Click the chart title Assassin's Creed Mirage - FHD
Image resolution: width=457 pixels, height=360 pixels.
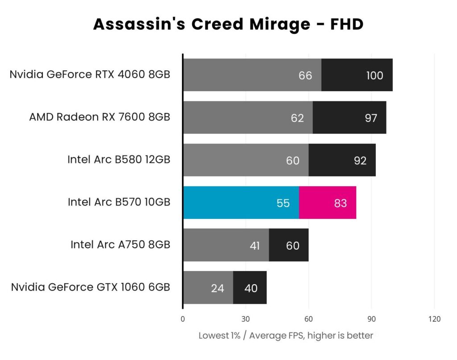coord(228,24)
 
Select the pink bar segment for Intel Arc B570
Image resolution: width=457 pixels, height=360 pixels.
coord(328,203)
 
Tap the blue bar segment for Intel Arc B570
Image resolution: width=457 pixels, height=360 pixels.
coord(241,203)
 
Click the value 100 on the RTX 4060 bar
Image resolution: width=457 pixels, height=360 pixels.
coord(374,75)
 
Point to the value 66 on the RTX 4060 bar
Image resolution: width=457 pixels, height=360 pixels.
coord(305,75)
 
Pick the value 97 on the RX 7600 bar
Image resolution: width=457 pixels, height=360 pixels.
coord(370,118)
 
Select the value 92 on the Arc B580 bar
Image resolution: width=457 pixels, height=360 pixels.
coord(360,161)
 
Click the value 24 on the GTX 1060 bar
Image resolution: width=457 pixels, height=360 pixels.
coord(217,289)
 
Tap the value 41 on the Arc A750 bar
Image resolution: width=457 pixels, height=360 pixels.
coord(254,246)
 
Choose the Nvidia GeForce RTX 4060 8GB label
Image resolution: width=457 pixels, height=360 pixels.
coord(90,75)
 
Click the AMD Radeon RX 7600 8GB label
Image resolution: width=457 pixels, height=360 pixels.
coord(100,117)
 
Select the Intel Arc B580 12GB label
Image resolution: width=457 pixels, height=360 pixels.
coord(119,159)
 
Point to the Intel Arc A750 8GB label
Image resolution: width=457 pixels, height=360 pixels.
coord(120,245)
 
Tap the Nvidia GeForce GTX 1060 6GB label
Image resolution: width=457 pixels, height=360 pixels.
coord(91,287)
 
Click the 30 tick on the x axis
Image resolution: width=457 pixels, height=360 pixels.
coord(245,319)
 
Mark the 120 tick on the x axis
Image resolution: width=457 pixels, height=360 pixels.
coord(434,319)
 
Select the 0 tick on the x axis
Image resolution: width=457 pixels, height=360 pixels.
coord(183,319)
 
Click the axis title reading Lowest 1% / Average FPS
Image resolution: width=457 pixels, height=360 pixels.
coord(286,335)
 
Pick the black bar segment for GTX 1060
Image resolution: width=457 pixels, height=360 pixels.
coord(250,288)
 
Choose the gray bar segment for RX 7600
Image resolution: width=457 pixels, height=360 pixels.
coord(248,117)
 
